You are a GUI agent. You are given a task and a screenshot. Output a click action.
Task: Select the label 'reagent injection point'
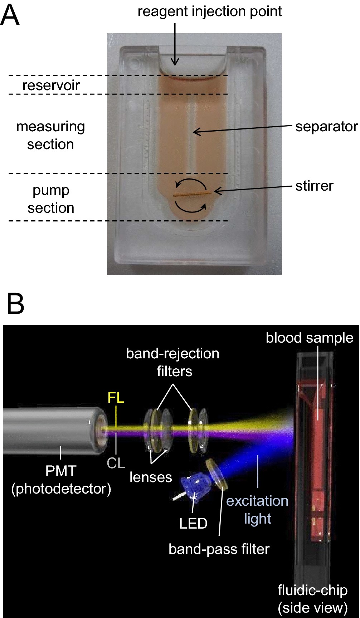210,11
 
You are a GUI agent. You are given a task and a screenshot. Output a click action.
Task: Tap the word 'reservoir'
51,85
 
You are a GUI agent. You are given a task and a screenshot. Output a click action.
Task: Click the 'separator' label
326,126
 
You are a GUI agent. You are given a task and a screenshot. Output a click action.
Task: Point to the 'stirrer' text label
314,186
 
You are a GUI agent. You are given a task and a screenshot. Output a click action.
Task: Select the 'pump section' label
51,199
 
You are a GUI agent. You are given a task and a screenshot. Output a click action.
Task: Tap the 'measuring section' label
50,135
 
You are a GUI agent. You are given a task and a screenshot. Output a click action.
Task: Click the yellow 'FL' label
116,397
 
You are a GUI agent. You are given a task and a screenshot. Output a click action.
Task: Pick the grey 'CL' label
116,463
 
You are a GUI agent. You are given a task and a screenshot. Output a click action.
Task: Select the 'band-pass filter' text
219,549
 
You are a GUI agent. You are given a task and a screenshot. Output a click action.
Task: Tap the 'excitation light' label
257,510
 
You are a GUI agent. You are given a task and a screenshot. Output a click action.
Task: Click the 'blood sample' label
310,338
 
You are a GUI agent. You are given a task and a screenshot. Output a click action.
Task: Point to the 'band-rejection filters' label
173,362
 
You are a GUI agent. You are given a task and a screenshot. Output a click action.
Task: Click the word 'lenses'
151,477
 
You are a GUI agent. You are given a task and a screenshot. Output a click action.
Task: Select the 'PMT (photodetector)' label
61,480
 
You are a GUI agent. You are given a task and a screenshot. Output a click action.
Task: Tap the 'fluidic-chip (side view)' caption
312,599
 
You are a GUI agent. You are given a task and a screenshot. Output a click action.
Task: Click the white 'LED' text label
193,523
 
